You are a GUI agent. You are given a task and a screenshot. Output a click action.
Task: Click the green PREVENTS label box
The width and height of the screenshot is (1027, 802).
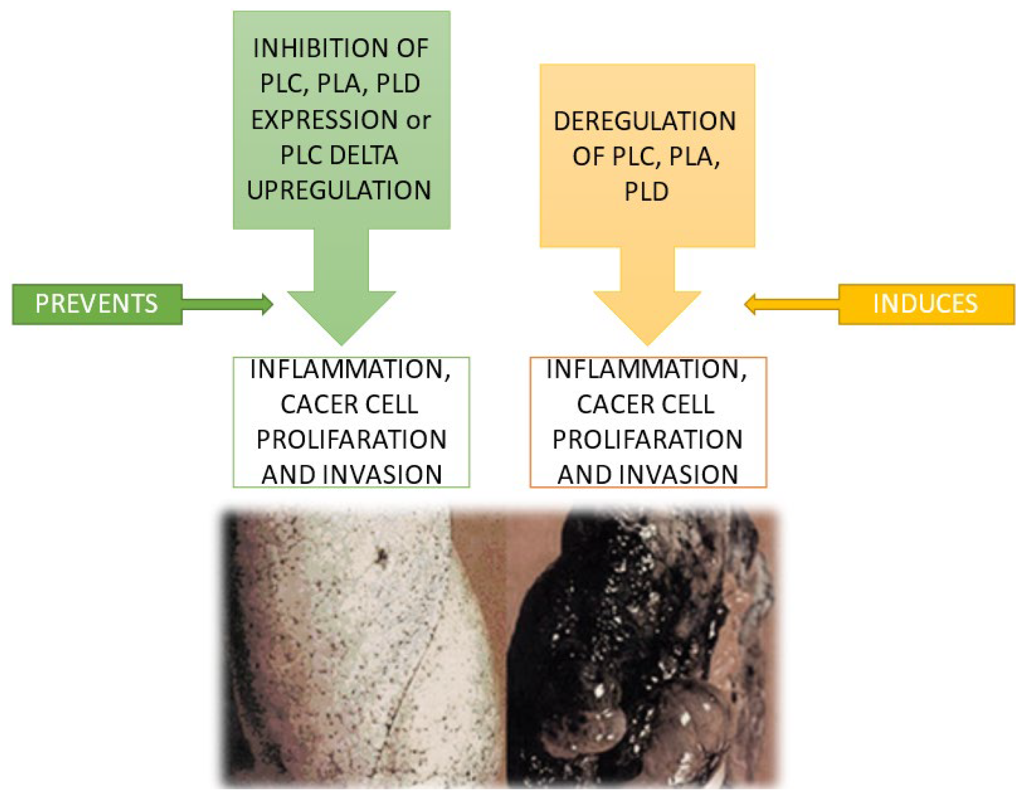(x=97, y=304)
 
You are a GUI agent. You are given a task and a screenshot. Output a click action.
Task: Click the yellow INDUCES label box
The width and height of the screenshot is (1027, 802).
(x=926, y=304)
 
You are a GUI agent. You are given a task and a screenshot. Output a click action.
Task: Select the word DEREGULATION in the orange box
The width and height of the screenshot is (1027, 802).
(x=645, y=121)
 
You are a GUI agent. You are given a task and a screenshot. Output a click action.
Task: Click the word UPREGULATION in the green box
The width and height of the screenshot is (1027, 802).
(x=339, y=190)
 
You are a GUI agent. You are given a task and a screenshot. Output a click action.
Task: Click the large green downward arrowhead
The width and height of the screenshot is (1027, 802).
(x=342, y=314)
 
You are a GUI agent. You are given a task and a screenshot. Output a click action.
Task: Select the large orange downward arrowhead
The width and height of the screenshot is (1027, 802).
(x=647, y=314)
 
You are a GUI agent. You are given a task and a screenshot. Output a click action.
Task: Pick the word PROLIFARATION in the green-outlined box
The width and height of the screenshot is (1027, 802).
(x=351, y=439)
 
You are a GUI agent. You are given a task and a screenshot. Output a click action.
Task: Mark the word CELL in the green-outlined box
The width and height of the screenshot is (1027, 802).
(x=392, y=404)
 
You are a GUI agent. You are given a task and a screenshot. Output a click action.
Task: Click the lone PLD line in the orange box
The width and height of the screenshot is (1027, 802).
(x=646, y=191)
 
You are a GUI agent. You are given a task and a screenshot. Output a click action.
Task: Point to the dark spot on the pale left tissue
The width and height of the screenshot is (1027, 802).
(x=381, y=556)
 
